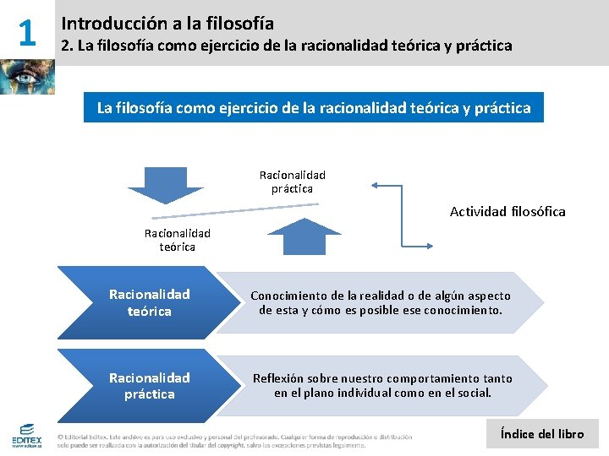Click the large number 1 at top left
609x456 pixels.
click(27, 33)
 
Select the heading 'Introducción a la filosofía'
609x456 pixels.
click(167, 24)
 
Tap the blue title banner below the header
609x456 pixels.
click(313, 108)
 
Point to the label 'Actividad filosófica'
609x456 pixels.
click(507, 211)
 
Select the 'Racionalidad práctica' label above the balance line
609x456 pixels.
click(292, 182)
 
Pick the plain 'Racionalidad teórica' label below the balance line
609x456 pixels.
click(177, 240)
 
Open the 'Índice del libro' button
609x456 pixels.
click(542, 434)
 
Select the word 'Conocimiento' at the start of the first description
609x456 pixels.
click(286, 296)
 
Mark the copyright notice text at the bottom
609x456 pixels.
click(237, 441)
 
